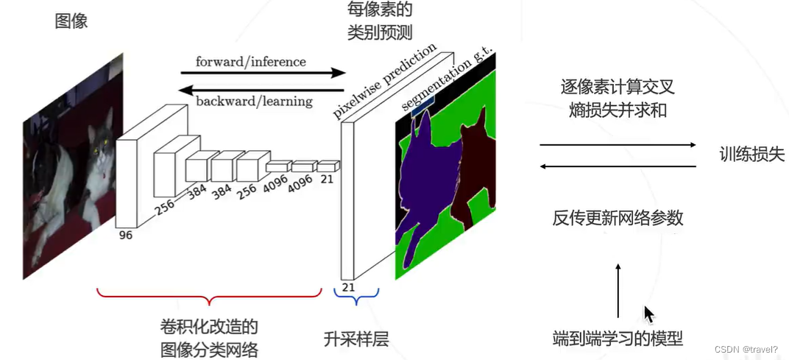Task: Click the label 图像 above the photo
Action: click(x=71, y=21)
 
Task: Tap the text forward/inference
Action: click(x=250, y=61)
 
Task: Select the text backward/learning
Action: click(x=255, y=101)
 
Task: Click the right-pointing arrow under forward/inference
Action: click(x=263, y=73)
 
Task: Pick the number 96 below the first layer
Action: click(x=127, y=236)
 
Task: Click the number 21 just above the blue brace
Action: click(x=349, y=287)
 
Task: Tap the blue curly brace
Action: click(x=356, y=296)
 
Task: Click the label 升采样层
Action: click(x=356, y=339)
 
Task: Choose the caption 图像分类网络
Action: click(x=209, y=349)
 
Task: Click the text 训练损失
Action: click(x=752, y=155)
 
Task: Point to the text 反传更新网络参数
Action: click(x=618, y=218)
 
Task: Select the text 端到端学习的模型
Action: click(x=618, y=339)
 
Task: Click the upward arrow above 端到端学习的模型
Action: click(x=618, y=290)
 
